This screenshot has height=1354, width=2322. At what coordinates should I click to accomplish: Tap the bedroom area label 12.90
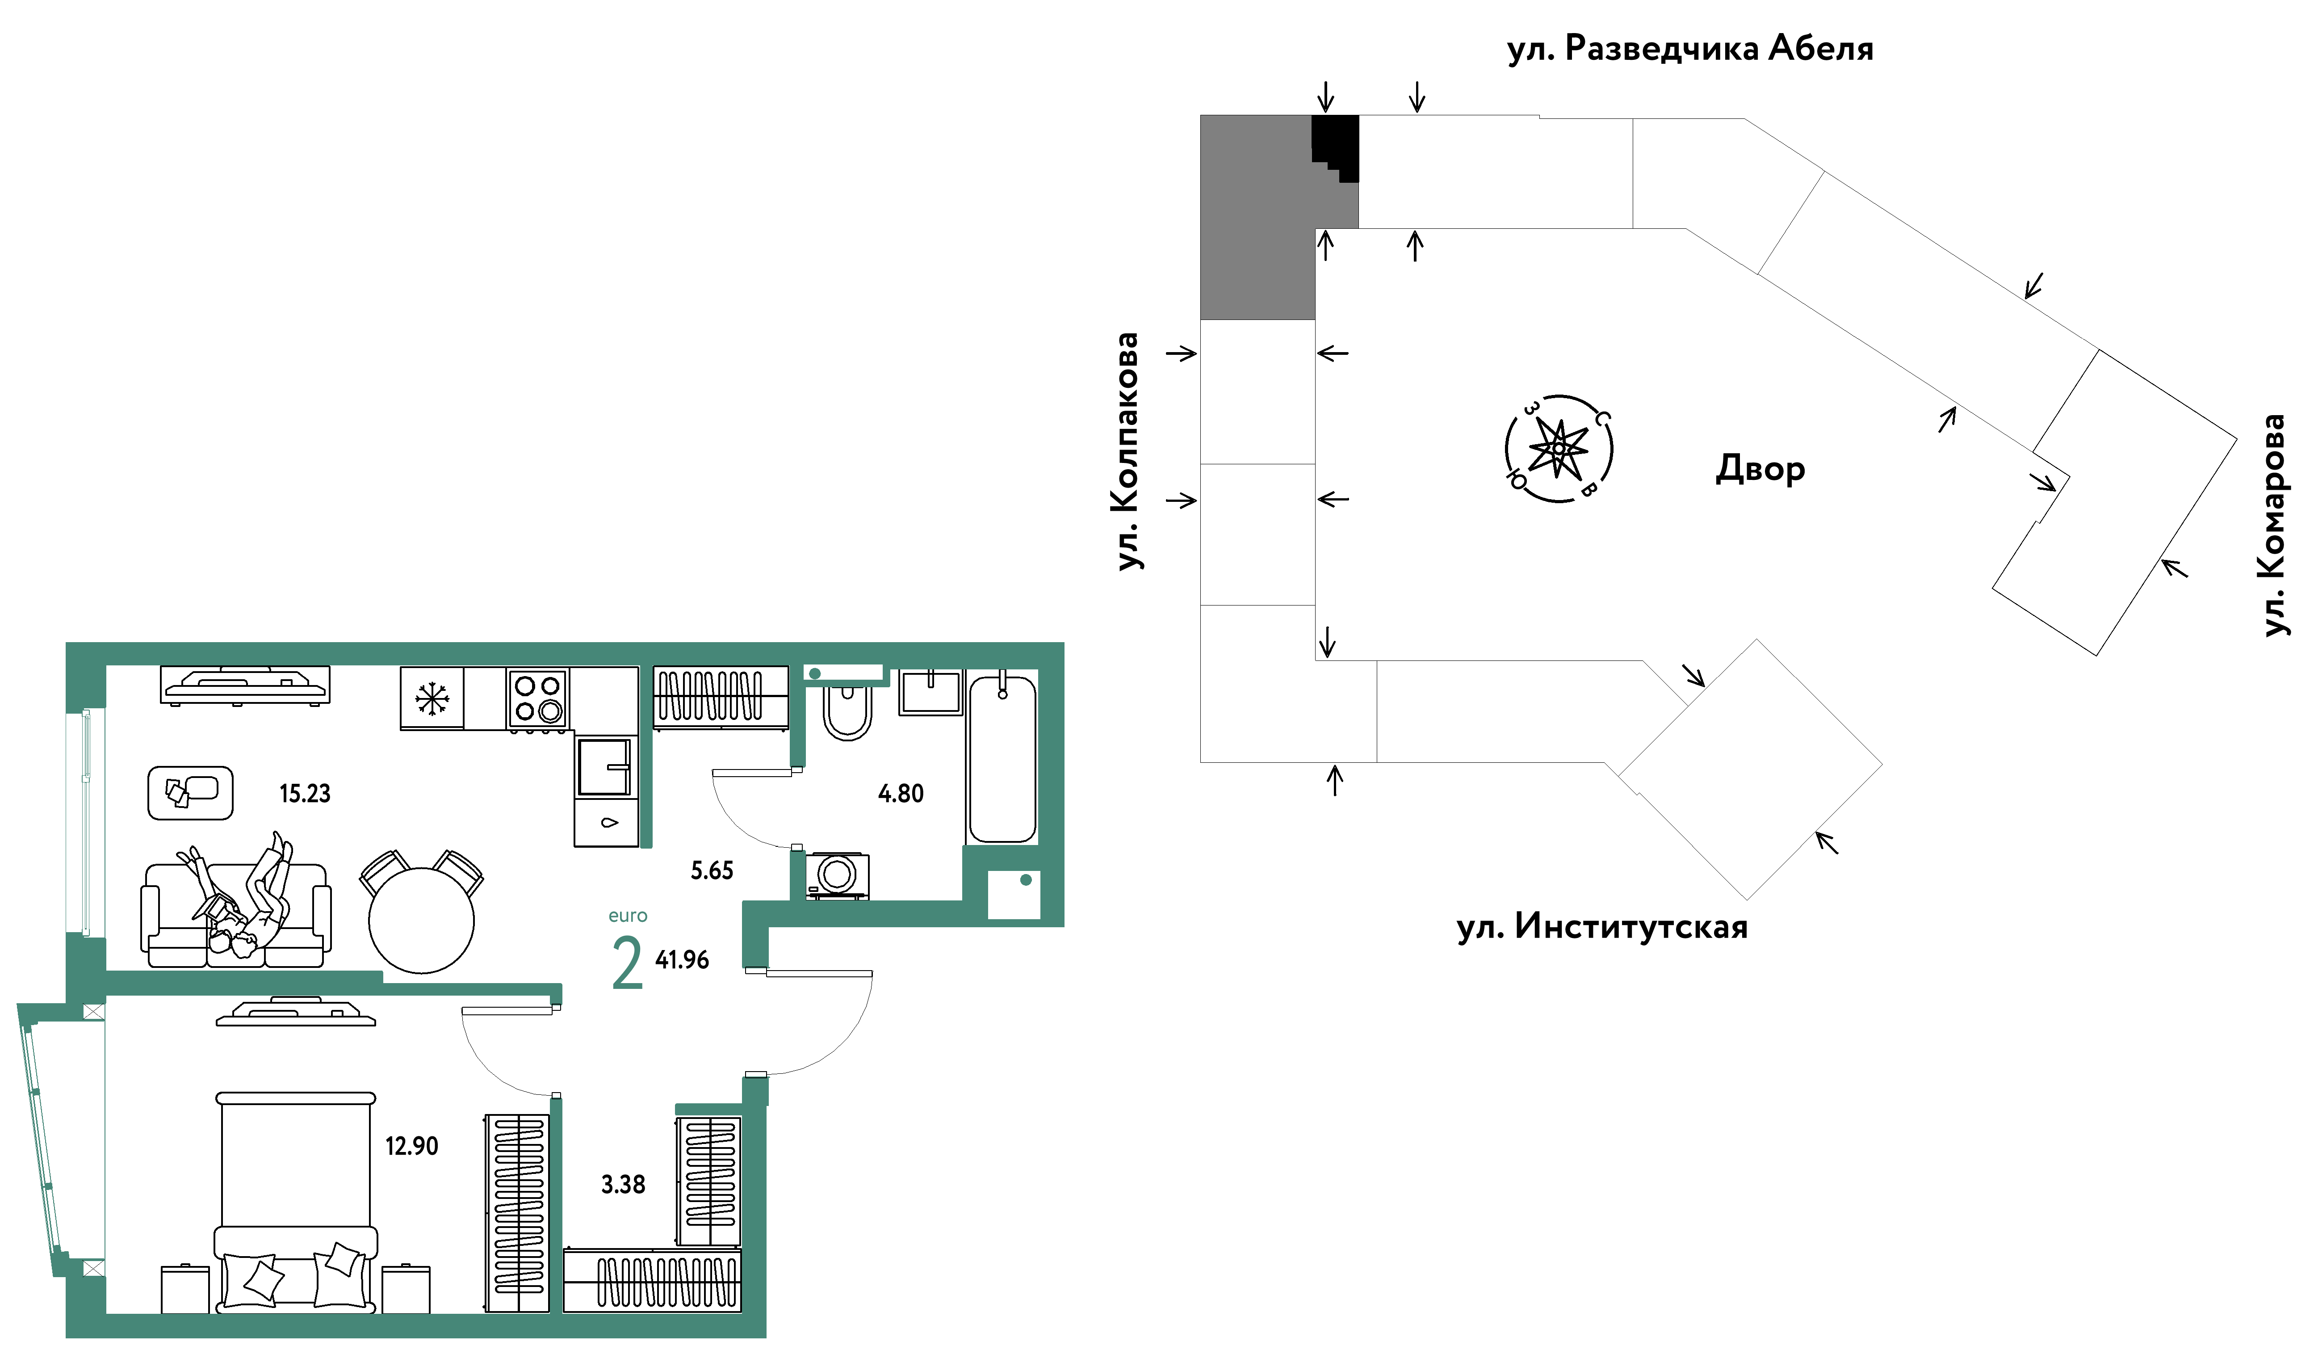[x=412, y=1146]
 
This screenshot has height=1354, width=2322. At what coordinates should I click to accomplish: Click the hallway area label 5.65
[x=712, y=870]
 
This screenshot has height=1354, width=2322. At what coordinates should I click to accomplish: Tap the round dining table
[x=421, y=920]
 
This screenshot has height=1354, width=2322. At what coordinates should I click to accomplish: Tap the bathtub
[x=1002, y=759]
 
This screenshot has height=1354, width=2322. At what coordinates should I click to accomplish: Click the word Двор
[x=1760, y=468]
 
